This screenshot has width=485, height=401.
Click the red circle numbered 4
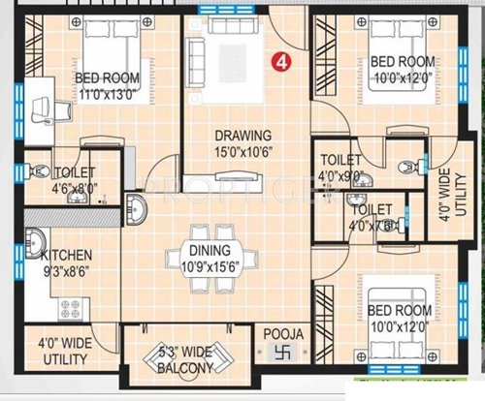pos(281,61)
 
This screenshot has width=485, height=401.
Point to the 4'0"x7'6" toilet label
pos(372,216)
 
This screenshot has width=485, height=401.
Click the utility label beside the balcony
pos(63,351)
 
